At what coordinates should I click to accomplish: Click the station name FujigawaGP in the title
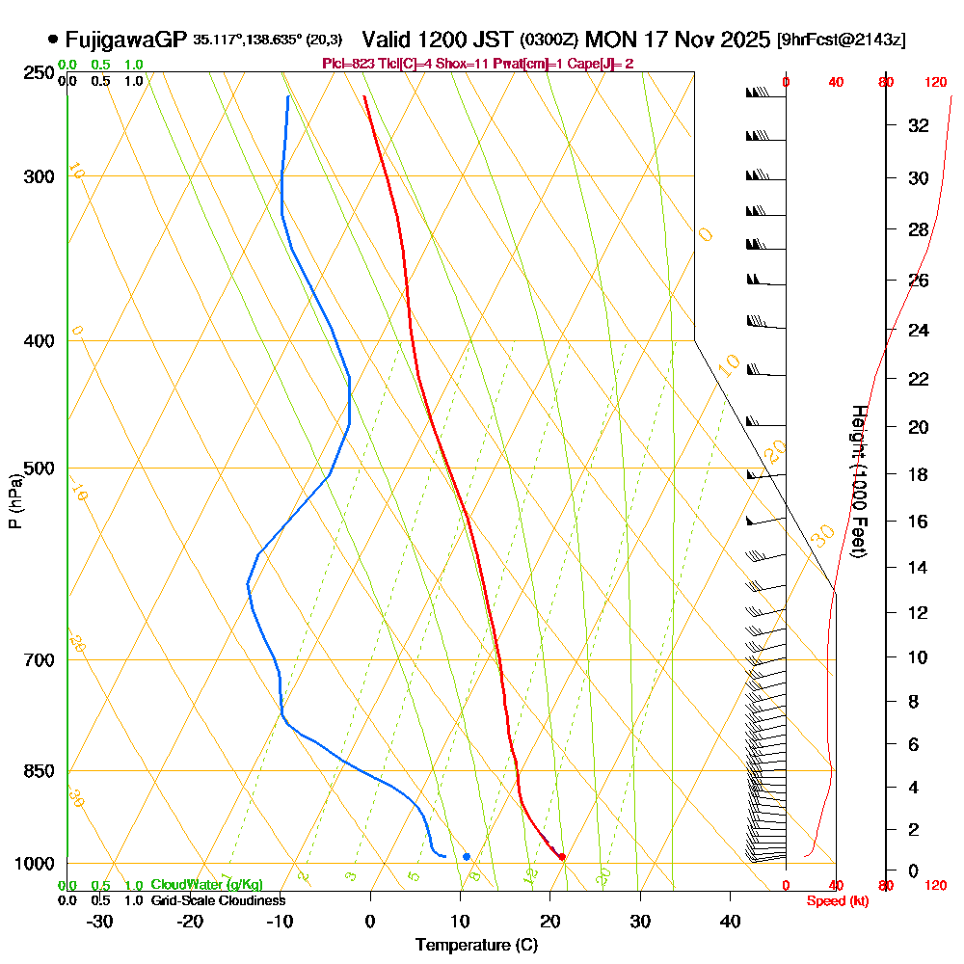[x=125, y=40]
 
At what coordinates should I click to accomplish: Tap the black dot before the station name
[x=52, y=40]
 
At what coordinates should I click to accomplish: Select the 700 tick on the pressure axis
[x=40, y=659]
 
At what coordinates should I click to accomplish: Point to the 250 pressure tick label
[x=40, y=72]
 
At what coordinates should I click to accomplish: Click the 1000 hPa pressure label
[x=36, y=864]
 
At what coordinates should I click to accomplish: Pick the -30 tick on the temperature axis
[x=100, y=922]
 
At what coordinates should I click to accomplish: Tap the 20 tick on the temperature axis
[x=550, y=922]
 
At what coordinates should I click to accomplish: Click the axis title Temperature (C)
[x=476, y=946]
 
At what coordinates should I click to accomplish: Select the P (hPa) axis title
[x=14, y=501]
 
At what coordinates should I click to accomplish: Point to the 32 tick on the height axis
[x=919, y=125]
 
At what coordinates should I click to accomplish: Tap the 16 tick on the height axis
[x=919, y=522]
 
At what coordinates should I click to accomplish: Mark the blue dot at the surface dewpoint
[x=467, y=856]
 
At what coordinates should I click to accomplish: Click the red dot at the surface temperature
[x=562, y=856]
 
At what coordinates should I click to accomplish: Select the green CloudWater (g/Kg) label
[x=206, y=885]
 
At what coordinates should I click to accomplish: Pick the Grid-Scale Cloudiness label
[x=217, y=900]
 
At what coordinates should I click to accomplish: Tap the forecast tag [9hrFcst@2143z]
[x=841, y=40]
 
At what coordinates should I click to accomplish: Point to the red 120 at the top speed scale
[x=935, y=83]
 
